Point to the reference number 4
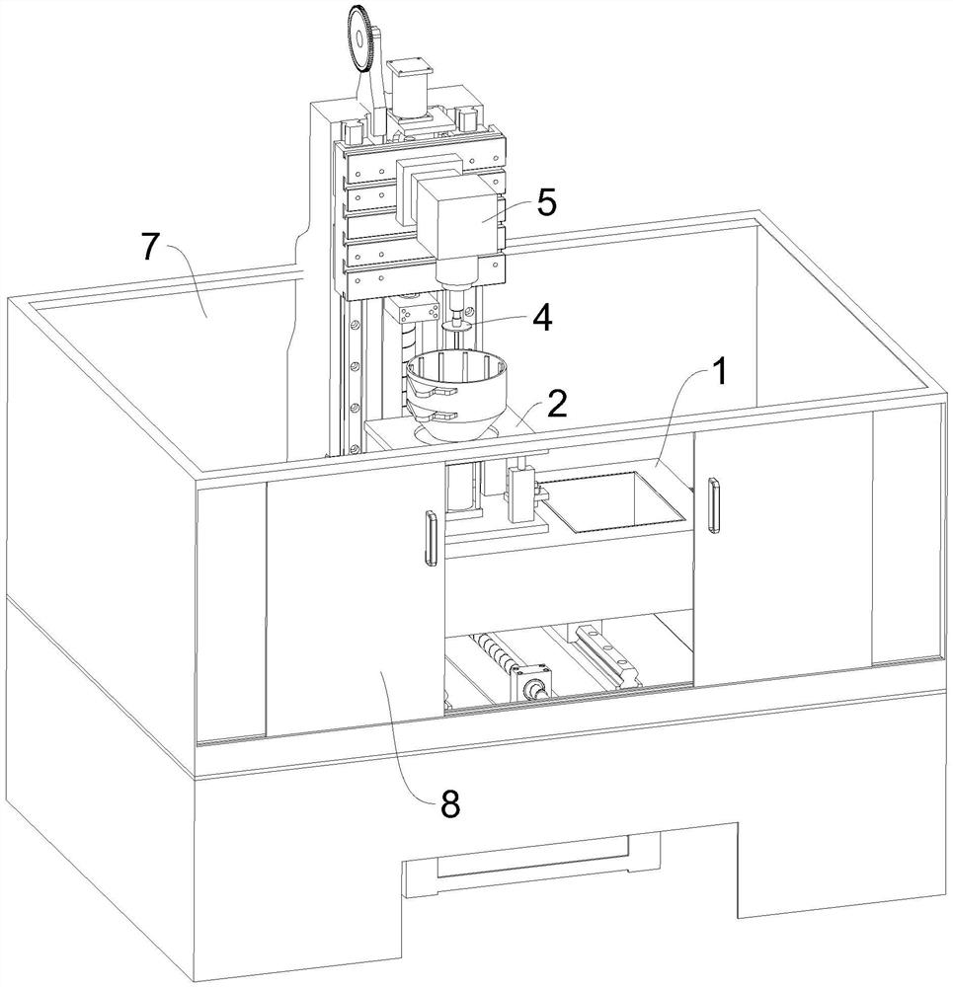point(542,319)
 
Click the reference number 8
point(449,804)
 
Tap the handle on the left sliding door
point(431,538)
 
